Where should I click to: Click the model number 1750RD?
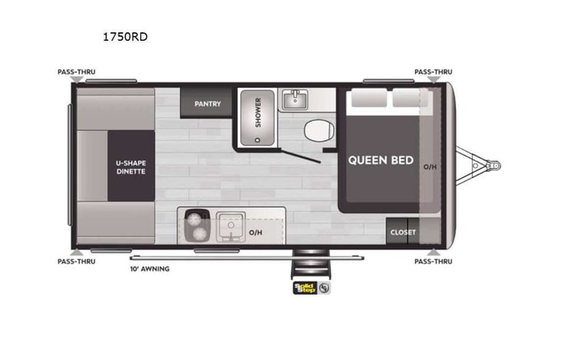(x=124, y=36)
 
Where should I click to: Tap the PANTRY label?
(x=207, y=104)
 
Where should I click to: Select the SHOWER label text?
(x=259, y=112)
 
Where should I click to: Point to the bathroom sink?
(x=293, y=100)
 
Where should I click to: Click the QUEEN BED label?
(x=381, y=160)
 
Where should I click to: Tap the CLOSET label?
(x=403, y=232)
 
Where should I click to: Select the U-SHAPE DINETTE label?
(x=130, y=167)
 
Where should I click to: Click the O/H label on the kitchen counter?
(x=255, y=232)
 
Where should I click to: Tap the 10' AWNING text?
(x=150, y=269)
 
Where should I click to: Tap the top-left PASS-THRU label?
(x=76, y=71)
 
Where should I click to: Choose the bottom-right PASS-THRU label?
(x=434, y=262)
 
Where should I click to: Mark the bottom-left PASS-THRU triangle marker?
(x=76, y=251)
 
